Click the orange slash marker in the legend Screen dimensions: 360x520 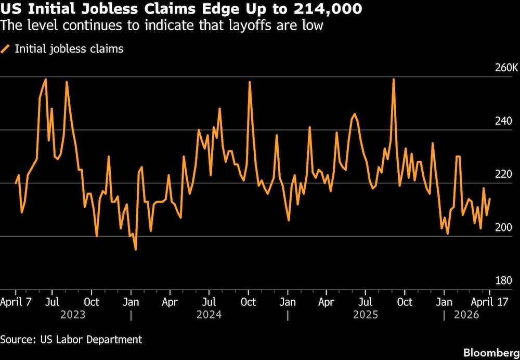tap(5, 49)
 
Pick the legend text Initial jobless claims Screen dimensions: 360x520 tap(69, 49)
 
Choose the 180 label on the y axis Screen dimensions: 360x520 tap(504, 281)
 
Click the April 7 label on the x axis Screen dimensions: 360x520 tap(18, 302)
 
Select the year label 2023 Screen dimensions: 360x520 tap(73, 315)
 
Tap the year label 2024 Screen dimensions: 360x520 tap(209, 315)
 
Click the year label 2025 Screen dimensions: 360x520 tap(366, 315)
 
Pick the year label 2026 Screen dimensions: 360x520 tap(467, 315)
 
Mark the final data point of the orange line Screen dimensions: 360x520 tap(490, 199)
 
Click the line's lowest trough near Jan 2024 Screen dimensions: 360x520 tap(136, 250)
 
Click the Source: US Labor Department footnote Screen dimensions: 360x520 tap(71, 339)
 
